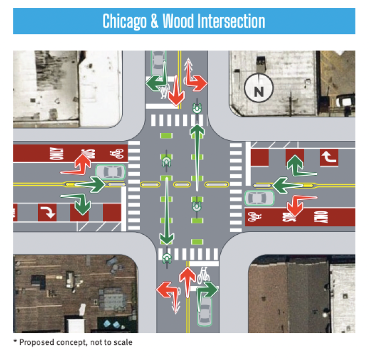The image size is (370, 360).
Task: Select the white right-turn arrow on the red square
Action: click(47, 212)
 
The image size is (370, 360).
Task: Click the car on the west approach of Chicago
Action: click(111, 171)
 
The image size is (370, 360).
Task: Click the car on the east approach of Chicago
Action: click(259, 198)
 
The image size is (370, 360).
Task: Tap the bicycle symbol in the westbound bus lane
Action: click(116, 153)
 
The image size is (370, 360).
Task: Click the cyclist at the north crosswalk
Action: click(197, 109)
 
